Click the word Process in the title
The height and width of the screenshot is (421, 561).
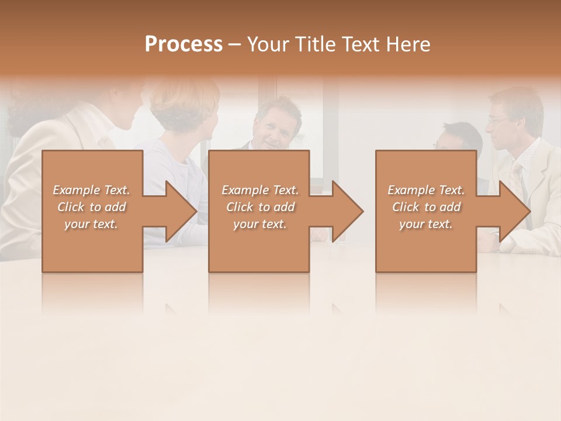pos(183,44)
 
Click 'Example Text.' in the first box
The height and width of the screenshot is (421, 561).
pos(91,190)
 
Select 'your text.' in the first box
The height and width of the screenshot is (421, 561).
pos(91,224)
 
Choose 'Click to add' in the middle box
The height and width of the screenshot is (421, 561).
pos(260,207)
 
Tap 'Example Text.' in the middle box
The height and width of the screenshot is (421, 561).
pos(260,190)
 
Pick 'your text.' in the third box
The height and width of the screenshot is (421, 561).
pos(426,224)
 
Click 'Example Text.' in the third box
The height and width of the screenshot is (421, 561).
pos(426,190)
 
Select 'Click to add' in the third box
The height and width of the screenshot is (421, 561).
pos(426,207)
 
